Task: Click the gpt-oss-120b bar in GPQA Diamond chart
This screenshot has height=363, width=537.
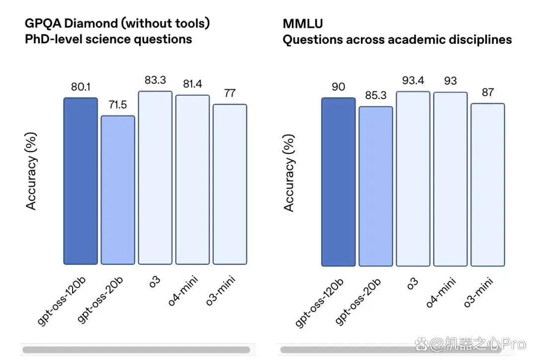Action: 81,181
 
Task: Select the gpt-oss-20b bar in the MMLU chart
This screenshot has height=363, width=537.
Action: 376,186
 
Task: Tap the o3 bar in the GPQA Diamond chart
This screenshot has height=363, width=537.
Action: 155,178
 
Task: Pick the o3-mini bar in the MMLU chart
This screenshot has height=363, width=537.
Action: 488,185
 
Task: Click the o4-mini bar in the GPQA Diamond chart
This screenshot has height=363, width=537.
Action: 192,180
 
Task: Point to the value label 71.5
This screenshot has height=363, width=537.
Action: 118,105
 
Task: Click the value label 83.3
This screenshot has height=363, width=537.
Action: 155,80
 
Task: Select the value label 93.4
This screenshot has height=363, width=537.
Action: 413,80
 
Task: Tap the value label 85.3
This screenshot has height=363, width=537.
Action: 376,96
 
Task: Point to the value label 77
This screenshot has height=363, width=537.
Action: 230,93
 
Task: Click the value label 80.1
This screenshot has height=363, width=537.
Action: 81,87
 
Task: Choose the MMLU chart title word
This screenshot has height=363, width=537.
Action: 303,24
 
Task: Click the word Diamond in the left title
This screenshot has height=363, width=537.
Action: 91,23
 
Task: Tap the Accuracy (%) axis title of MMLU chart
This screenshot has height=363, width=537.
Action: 289,173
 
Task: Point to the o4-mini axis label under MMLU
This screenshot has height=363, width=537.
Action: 441,293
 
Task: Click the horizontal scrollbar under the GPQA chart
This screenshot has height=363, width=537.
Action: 136,350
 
